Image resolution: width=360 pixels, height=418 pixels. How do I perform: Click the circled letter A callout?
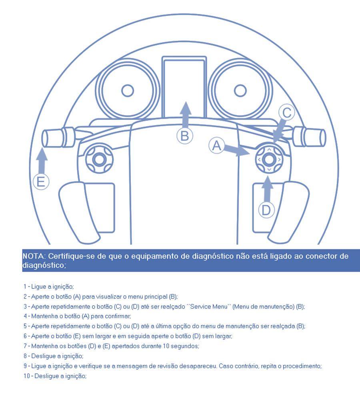point(216,145)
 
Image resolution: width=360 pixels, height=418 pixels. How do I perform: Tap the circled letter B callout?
point(185,136)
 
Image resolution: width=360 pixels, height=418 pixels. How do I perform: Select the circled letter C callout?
point(287,113)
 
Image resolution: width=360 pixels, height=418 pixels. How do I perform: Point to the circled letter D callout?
point(266,210)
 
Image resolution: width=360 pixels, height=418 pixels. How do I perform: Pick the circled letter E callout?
point(41,182)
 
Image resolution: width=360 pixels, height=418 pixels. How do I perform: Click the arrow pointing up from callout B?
point(186,115)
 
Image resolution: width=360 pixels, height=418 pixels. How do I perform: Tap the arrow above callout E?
point(42,161)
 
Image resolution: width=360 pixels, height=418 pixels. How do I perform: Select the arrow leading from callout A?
point(236,150)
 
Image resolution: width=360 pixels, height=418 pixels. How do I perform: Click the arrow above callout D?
point(267,189)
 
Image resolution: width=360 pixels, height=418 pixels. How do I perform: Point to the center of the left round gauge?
point(128,91)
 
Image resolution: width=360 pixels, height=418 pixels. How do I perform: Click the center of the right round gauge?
point(240,91)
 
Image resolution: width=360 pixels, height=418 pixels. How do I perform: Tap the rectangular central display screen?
point(184,88)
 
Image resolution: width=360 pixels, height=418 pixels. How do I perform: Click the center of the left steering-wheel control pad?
point(99,160)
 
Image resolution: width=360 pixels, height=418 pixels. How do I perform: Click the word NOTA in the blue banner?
point(34,256)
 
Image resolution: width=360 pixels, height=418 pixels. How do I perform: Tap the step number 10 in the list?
point(27,376)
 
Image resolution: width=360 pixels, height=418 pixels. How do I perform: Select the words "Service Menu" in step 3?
point(208,307)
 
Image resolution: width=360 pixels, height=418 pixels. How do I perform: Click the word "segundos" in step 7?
point(185,346)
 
